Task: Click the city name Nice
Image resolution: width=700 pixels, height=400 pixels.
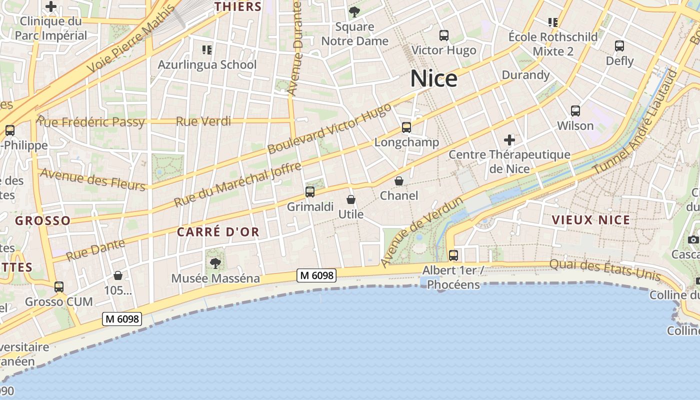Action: tap(433, 79)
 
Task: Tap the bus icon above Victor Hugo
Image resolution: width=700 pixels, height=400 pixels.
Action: tap(443, 35)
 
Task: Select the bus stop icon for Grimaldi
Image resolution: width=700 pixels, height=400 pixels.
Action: tap(310, 192)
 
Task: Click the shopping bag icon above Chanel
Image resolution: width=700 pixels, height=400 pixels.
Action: tap(399, 181)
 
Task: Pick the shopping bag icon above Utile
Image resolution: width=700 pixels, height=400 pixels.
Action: tap(351, 199)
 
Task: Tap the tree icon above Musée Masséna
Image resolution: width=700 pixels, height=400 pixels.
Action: tap(215, 263)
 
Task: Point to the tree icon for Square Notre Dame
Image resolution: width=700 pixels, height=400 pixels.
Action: tap(354, 11)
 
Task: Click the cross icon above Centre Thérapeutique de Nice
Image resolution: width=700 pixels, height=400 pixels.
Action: tap(509, 140)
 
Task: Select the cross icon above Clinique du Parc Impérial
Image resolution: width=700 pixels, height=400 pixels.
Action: tap(51, 7)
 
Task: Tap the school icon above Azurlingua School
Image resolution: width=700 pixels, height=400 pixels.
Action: tap(207, 49)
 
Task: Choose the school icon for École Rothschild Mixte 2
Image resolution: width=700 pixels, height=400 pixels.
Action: tap(553, 22)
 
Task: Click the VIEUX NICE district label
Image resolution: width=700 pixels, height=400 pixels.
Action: tap(590, 220)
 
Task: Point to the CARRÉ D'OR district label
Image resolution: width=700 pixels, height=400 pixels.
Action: tap(218, 232)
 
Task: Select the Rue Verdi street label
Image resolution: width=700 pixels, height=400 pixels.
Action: tap(203, 121)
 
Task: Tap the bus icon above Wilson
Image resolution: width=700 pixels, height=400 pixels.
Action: tap(575, 111)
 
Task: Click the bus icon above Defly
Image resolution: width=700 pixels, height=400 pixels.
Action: tap(619, 46)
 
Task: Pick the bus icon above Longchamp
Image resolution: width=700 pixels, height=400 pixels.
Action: tap(406, 127)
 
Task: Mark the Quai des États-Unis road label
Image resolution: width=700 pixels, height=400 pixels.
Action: tap(605, 270)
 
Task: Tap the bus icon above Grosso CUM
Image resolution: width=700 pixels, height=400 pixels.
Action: tap(59, 287)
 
